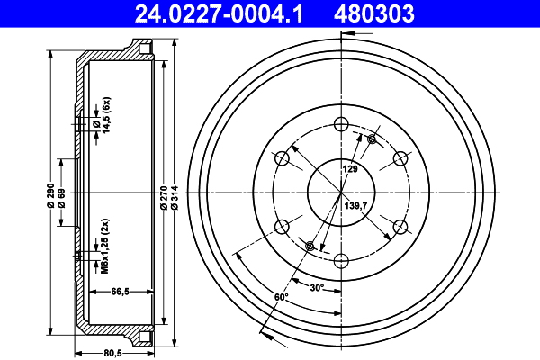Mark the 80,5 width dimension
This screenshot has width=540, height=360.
pos(112,353)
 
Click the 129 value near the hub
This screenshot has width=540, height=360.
pos(349,168)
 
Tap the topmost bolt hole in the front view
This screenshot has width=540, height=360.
pos(340,125)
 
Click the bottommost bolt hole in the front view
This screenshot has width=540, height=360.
pos(340,261)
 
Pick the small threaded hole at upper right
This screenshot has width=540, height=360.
pos(371,139)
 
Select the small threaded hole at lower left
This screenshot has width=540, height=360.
pos(310,247)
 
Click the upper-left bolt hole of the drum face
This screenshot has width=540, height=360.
pos(282,159)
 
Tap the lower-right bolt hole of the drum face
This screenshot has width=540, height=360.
pos(399,227)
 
